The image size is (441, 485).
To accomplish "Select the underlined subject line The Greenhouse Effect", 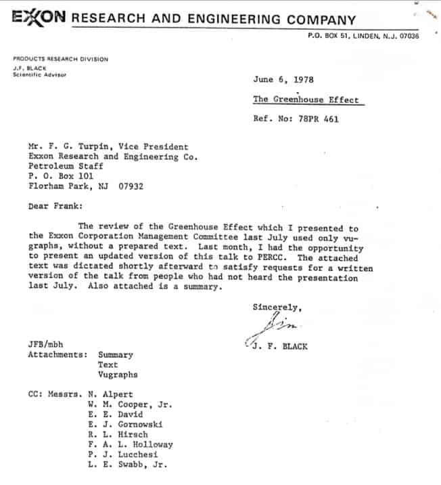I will pos(306,100).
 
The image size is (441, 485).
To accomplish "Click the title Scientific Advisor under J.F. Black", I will pos(40,75).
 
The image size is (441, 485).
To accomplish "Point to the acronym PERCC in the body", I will pos(281,258).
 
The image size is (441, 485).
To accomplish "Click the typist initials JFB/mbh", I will pos(45,344).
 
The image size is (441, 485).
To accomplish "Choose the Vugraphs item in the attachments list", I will pos(118,374).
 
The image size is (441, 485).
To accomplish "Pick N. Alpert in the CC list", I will pos(110,394).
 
